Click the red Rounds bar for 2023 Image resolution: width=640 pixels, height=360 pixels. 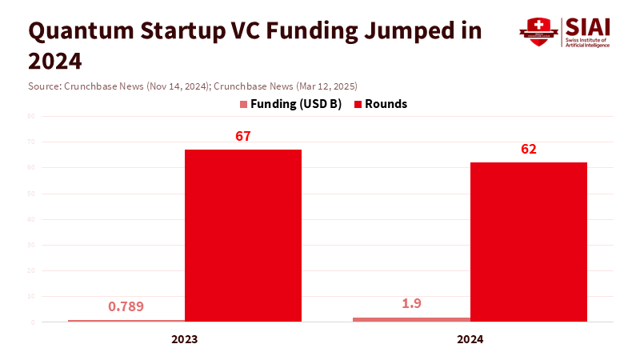click(243, 235)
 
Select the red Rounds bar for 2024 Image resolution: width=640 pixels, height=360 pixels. click(528, 242)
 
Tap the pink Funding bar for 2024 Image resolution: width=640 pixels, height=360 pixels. click(411, 319)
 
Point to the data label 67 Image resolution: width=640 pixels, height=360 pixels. click(243, 136)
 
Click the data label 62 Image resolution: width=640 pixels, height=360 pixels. click(528, 149)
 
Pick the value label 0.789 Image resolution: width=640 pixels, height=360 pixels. click(126, 306)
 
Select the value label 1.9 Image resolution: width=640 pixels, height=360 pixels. click(411, 304)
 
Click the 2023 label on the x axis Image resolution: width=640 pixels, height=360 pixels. click(185, 339)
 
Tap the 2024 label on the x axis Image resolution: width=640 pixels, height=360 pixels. click(470, 339)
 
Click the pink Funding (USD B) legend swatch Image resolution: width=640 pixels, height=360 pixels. click(243, 104)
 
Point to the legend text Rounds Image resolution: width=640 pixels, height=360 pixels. click(386, 104)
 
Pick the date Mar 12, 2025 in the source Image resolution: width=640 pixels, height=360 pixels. click(323, 86)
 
